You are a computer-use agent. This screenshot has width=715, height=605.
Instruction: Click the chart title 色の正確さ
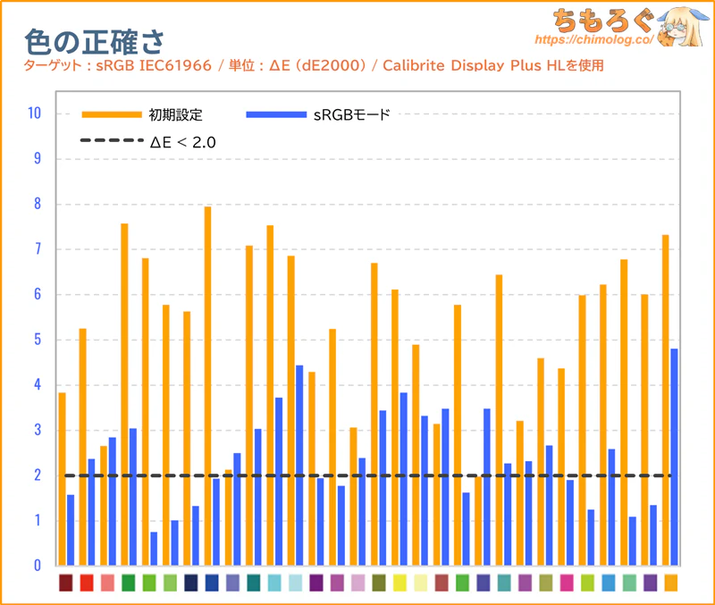(x=94, y=40)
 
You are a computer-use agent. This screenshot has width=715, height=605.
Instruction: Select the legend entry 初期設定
(x=177, y=114)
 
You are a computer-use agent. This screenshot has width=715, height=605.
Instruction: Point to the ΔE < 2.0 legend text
(x=183, y=141)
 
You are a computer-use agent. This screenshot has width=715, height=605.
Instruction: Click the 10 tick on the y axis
(x=35, y=113)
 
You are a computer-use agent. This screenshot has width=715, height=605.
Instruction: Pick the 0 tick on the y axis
(x=38, y=566)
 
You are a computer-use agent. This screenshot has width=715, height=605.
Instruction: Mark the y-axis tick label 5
(x=38, y=340)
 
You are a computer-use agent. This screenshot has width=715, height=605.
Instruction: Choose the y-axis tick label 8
(x=38, y=204)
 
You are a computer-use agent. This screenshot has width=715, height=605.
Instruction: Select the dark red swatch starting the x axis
(x=65, y=583)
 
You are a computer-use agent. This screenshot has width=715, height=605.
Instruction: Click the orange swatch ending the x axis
(x=670, y=583)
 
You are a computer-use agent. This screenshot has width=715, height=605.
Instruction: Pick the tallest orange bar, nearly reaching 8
(x=207, y=384)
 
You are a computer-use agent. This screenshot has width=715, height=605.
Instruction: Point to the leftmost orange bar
(x=62, y=478)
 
